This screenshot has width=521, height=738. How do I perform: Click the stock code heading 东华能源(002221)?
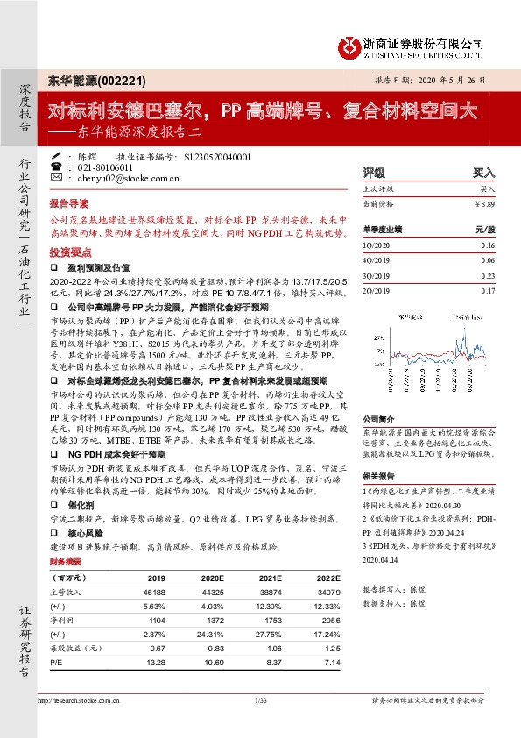coord(90,79)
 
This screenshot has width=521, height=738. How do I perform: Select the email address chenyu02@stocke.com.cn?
coord(121,178)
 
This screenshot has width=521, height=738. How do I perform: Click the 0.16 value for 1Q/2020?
coord(488,246)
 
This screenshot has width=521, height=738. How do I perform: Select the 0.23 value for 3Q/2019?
coord(488,275)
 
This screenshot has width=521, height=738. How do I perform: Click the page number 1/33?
coord(260,700)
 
